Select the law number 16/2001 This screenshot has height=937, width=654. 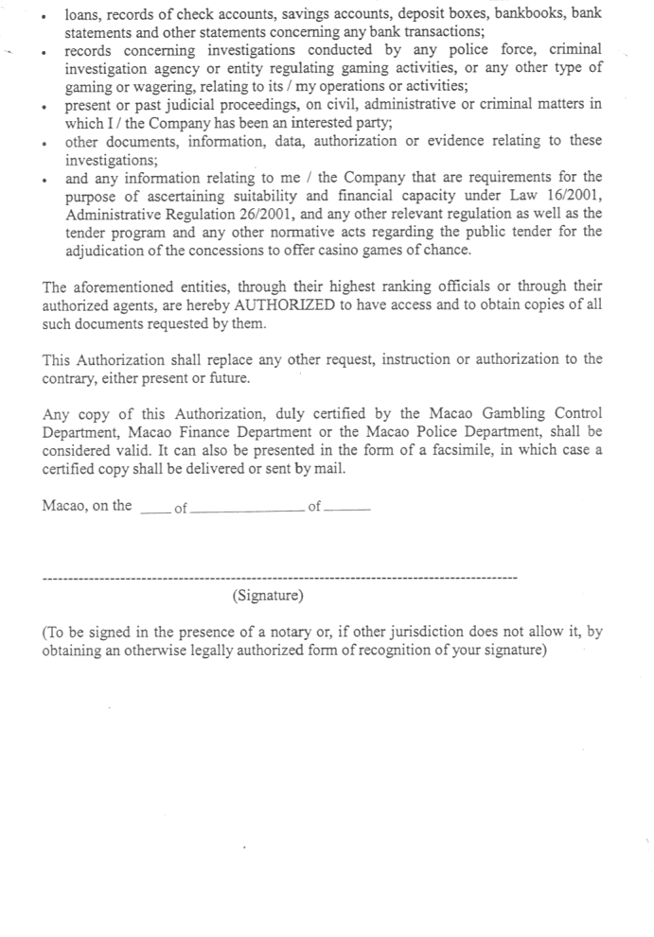pyautogui.click(x=570, y=195)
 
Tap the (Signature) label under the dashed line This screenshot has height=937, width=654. pyautogui.click(x=268, y=596)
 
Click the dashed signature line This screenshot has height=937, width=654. pyautogui.click(x=280, y=577)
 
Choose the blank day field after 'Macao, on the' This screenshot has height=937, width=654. pyautogui.click(x=155, y=511)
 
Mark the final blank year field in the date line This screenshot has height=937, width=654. pyautogui.click(x=347, y=511)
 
